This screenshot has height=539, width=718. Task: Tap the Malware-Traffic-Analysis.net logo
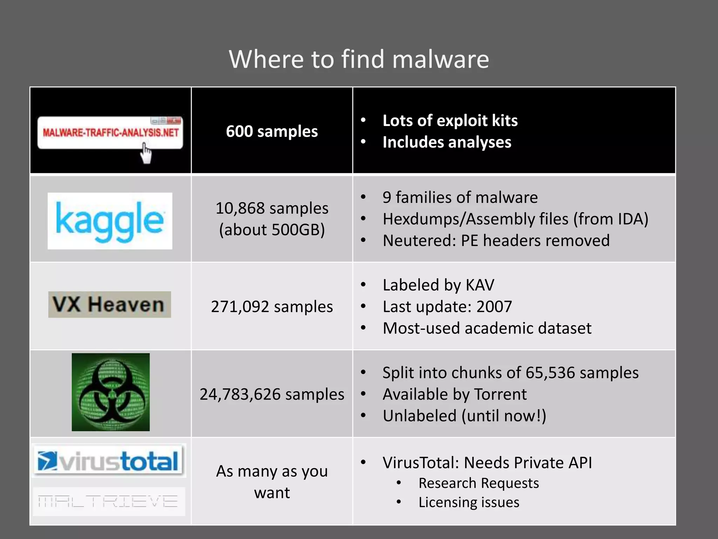110,133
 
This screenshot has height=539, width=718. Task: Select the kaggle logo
110,221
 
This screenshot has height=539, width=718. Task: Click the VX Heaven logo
109,304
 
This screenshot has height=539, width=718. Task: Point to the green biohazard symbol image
110,392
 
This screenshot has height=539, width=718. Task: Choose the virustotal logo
109,461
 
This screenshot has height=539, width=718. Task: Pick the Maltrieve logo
109,501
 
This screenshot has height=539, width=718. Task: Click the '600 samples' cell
272,131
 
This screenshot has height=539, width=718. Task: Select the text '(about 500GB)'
272,230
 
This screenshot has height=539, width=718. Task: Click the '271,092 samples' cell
272,307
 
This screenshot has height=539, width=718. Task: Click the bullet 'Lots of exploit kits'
450,121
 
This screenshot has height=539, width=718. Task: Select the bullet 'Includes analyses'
447,142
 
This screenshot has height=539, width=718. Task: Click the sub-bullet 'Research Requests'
479,483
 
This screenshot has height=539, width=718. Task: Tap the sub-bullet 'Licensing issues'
469,502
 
